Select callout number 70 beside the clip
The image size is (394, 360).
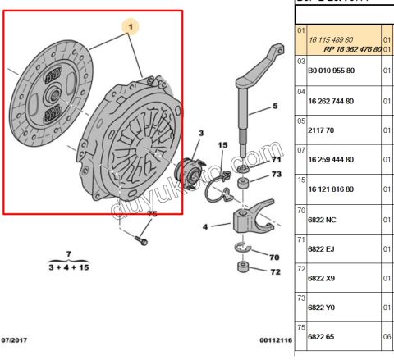pyautogui.click(x=276, y=257)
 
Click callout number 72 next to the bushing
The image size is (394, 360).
pyautogui.click(x=276, y=271)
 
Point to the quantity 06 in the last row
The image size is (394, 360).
pyautogui.click(x=387, y=336)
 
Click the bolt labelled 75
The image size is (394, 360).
pyautogui.click(x=142, y=241)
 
